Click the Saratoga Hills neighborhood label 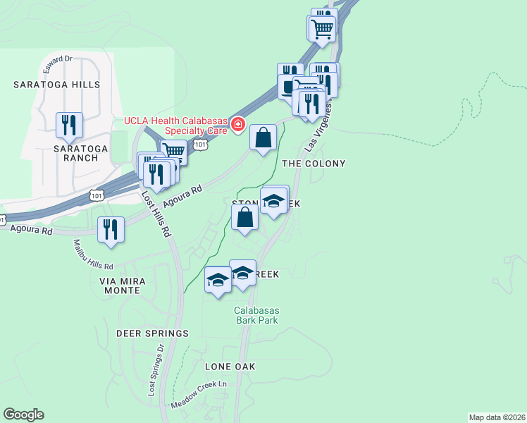(x=56, y=85)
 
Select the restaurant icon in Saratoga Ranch (x=69, y=125)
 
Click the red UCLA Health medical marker (x=238, y=125)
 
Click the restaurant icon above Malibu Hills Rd (x=111, y=230)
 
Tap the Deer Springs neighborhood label (x=154, y=333)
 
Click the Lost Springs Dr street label (x=156, y=370)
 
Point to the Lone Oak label (x=230, y=367)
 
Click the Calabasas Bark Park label (x=256, y=315)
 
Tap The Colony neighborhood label (x=314, y=164)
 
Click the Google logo (x=23, y=415)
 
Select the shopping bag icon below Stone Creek (x=244, y=218)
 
